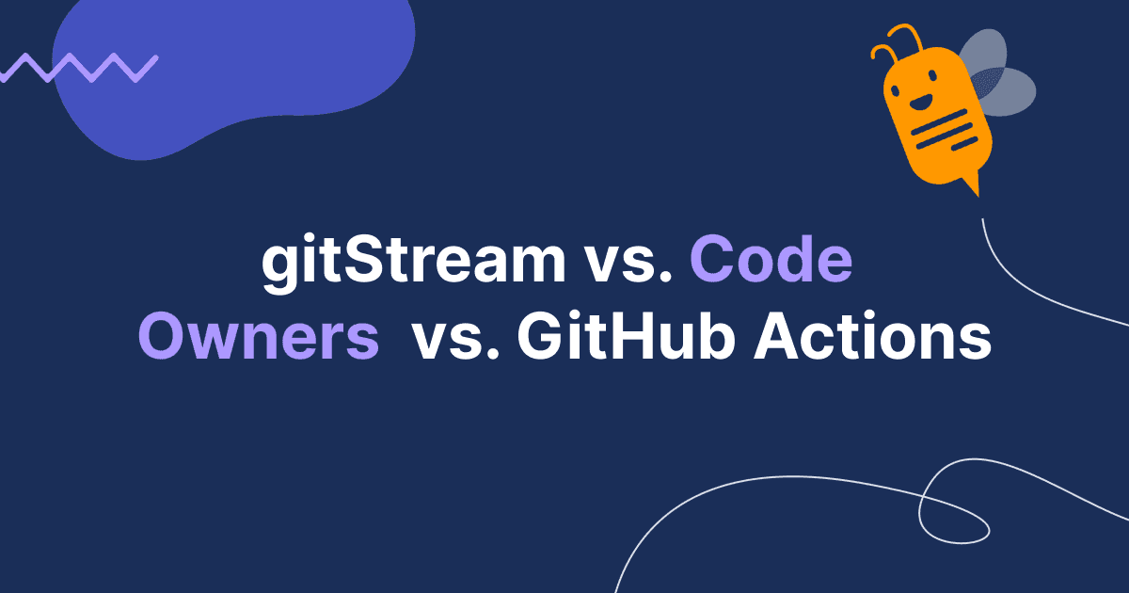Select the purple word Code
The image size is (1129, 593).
(771, 261)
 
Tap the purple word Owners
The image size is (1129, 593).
(258, 338)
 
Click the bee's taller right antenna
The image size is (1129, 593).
(911, 38)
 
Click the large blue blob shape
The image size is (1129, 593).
(235, 75)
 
